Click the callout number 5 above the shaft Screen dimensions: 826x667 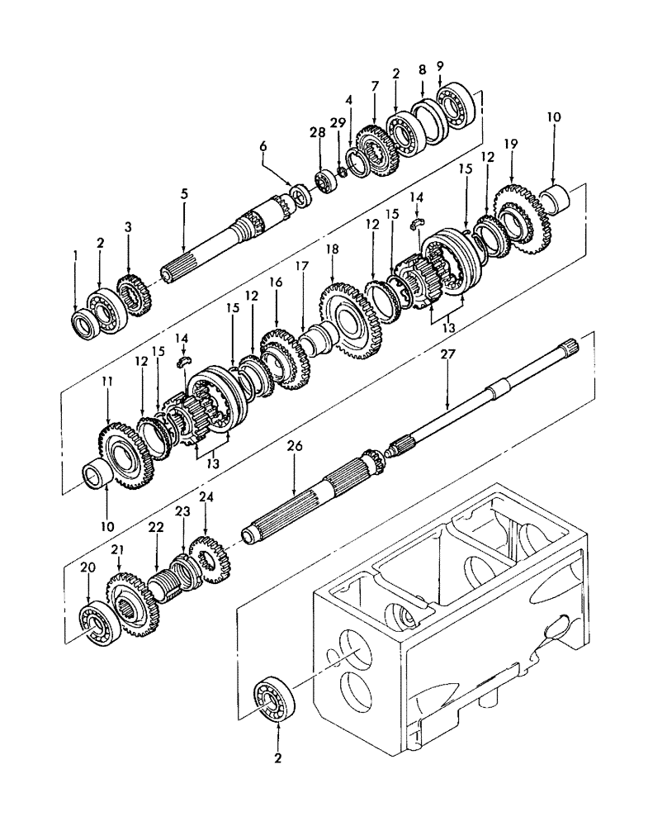coord(184,194)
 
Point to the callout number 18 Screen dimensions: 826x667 coord(333,249)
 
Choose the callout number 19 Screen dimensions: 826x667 coord(511,144)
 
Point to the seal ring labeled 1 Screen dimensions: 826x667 coord(84,323)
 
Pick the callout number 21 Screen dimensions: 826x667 coord(119,551)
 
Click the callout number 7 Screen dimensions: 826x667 coord(375,86)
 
